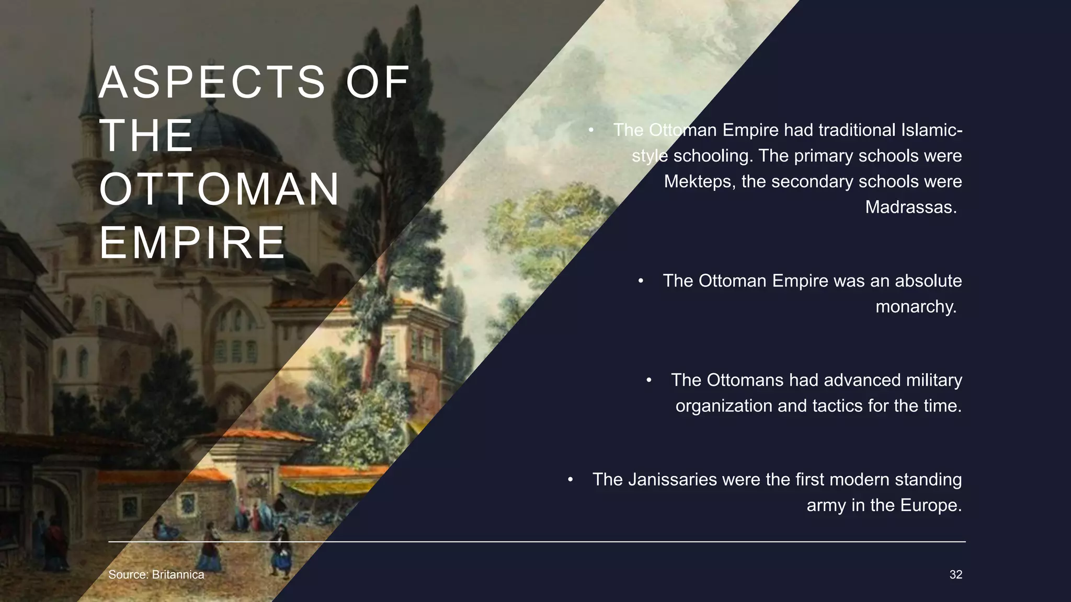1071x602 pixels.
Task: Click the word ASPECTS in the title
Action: coord(212,82)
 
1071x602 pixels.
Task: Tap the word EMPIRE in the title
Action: coord(192,242)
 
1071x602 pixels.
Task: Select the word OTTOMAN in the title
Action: coord(220,189)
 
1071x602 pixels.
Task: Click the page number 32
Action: coord(955,574)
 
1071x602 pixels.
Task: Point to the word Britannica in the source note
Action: coord(178,574)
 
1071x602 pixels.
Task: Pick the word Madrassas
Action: coord(910,207)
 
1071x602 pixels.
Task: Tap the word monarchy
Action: coord(915,306)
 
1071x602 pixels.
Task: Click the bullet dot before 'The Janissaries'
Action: coord(571,479)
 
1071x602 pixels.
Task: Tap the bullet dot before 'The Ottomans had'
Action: coord(649,380)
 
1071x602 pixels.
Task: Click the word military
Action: coord(933,380)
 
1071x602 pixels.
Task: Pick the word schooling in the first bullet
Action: coord(713,156)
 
